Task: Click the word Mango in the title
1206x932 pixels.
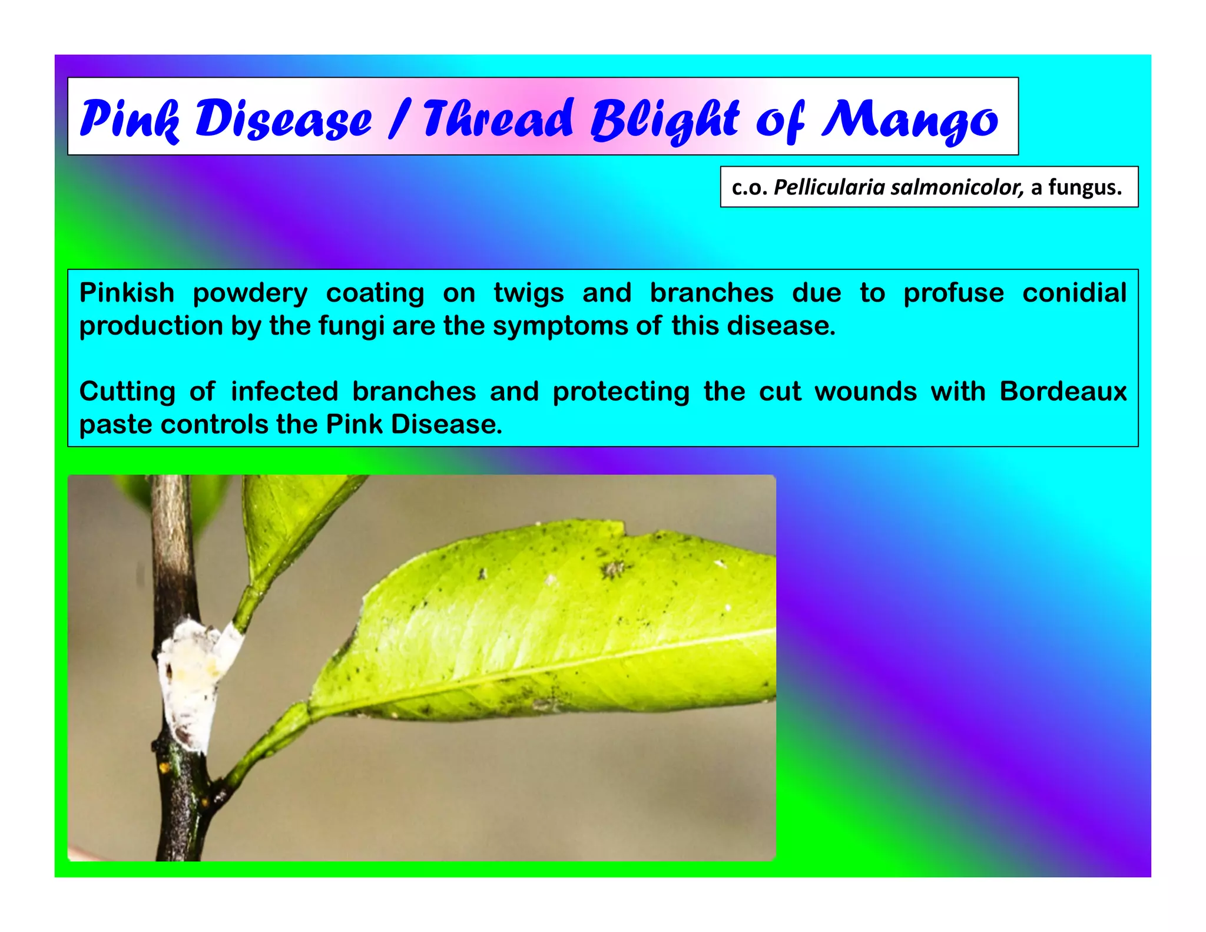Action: point(909,120)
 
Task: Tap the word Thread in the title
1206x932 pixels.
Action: point(498,118)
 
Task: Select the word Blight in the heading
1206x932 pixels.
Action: point(664,120)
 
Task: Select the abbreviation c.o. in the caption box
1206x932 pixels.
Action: point(750,187)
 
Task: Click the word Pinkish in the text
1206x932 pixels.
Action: point(127,293)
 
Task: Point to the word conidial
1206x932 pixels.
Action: point(1074,293)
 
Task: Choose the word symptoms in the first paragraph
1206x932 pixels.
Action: point(561,326)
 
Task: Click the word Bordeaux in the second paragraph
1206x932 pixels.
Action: point(1063,391)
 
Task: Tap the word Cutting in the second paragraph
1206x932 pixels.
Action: point(127,391)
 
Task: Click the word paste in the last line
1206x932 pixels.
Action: point(115,424)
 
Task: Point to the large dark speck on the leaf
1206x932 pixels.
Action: point(612,569)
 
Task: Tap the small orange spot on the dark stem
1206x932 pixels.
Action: point(164,768)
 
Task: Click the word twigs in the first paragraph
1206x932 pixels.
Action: point(528,293)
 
